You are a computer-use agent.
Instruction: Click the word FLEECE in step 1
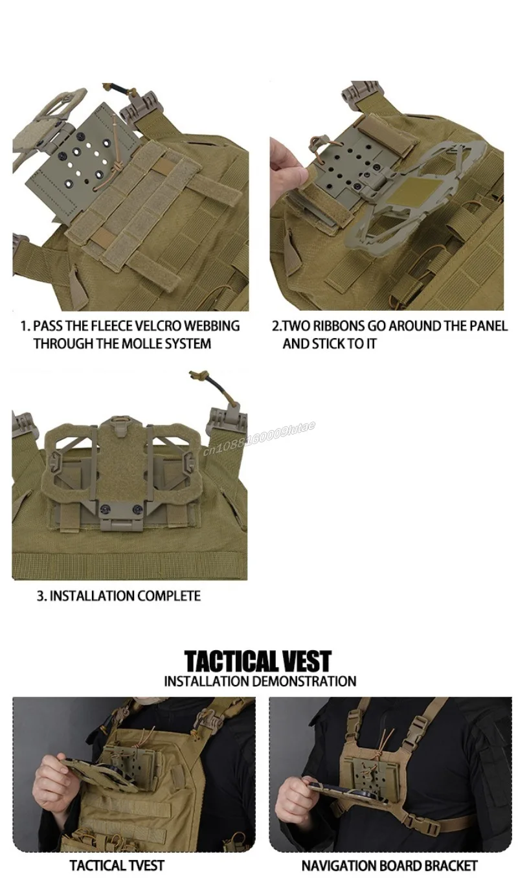[x=111, y=326]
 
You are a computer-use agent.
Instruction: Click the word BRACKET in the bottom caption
[x=451, y=866]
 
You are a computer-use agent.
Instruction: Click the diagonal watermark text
[x=259, y=438]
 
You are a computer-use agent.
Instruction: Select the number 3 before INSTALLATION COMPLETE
[x=39, y=596]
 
